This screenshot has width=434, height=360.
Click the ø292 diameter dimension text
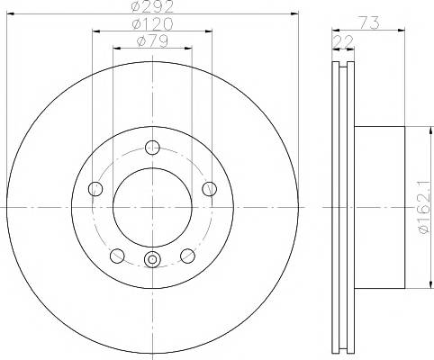(152, 6)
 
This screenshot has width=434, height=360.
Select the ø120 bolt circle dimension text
(152, 24)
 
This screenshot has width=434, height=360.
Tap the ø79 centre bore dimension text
(152, 41)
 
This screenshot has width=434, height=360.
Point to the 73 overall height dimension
(368, 23)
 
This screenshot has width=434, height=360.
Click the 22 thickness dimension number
(343, 41)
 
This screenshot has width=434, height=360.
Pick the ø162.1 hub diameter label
(425, 207)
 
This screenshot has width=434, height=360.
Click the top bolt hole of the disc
(152, 148)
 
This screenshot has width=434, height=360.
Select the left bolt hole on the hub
(95, 189)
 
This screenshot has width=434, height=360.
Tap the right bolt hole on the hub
(209, 189)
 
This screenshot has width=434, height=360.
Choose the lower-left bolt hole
(117, 256)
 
